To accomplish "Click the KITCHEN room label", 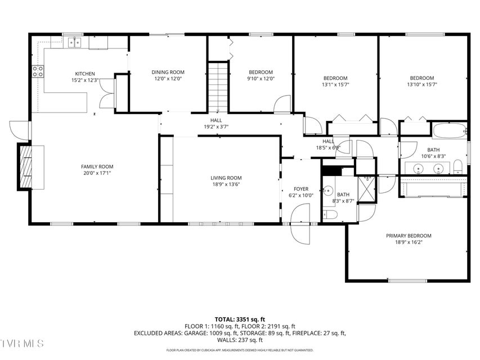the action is (x=85, y=74).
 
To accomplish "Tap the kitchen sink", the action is (x=74, y=42).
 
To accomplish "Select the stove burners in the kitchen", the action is (x=38, y=71).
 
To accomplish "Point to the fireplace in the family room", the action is (x=26, y=167).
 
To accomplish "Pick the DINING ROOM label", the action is (x=168, y=72).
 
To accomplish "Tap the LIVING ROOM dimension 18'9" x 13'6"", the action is (x=226, y=184).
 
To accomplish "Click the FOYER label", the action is (x=301, y=189).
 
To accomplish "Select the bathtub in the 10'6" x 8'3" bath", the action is (x=450, y=130).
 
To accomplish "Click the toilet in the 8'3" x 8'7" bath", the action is (x=330, y=214).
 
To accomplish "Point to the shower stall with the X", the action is (x=366, y=188).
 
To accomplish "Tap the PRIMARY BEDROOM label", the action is (x=409, y=236).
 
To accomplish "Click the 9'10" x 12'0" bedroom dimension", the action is (x=261, y=78).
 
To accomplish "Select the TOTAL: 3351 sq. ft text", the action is (x=240, y=320).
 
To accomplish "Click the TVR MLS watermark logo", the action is (x=22, y=343).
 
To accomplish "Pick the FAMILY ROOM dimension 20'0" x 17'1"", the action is (x=97, y=173).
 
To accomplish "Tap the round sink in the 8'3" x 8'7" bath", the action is (x=328, y=191).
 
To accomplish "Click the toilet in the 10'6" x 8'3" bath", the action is (x=457, y=167).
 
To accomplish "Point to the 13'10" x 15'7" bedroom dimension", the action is (x=422, y=84).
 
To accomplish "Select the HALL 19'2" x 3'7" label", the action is (x=216, y=123).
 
